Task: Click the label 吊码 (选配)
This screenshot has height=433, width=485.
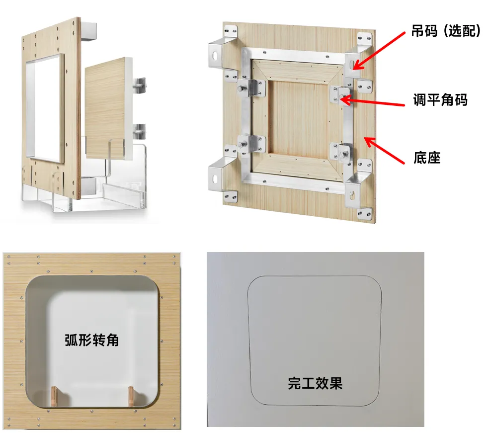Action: (446, 31)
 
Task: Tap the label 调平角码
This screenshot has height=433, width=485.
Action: (440, 99)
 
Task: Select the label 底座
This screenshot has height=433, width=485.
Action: (427, 158)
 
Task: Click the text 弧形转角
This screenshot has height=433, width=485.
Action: (91, 340)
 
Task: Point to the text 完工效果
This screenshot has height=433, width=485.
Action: (315, 383)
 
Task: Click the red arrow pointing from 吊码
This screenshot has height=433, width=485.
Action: (379, 51)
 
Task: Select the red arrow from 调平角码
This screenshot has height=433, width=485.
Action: (372, 102)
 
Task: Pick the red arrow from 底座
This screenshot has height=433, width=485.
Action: (384, 150)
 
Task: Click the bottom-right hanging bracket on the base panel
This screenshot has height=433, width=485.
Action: (356, 191)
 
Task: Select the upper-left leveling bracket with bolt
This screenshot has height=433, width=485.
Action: (251, 88)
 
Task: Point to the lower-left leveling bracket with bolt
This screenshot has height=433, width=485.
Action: (251, 144)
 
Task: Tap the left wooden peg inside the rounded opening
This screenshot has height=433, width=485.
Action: (55, 397)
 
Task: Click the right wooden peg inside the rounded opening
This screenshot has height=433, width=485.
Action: (131, 397)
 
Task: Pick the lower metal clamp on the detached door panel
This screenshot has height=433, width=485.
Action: (140, 132)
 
